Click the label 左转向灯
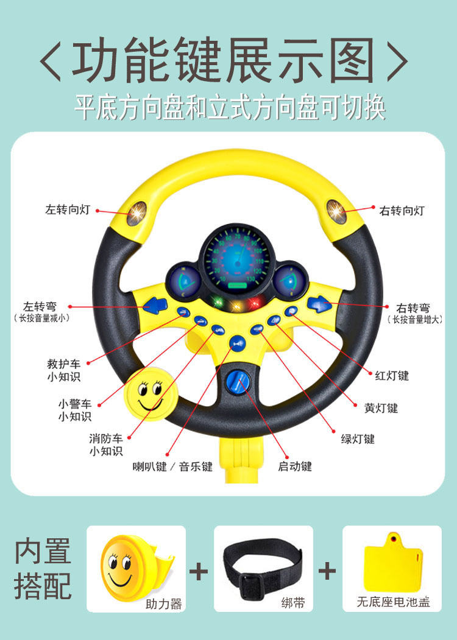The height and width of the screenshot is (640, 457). pyautogui.click(x=68, y=209)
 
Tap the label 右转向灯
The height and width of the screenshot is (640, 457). pyautogui.click(x=402, y=211)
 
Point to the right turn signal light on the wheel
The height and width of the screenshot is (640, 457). pyautogui.click(x=336, y=211)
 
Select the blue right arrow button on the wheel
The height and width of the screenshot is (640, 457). pyautogui.click(x=319, y=303)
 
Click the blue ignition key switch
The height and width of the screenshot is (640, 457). pyautogui.click(x=236, y=382)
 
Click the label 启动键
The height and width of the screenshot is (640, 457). pyautogui.click(x=295, y=466)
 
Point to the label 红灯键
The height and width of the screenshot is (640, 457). pyautogui.click(x=392, y=376)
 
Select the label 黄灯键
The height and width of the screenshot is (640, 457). pyautogui.click(x=381, y=408)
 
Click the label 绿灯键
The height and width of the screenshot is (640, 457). pyautogui.click(x=357, y=438)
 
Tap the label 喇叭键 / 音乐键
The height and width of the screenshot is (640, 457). pyautogui.click(x=173, y=467)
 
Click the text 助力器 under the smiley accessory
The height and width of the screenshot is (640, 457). pyautogui.click(x=164, y=604)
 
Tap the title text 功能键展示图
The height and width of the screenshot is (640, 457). pyautogui.click(x=224, y=62)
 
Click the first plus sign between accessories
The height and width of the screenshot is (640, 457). pyautogui.click(x=199, y=571)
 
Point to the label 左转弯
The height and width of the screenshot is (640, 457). pyautogui.click(x=40, y=308)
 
